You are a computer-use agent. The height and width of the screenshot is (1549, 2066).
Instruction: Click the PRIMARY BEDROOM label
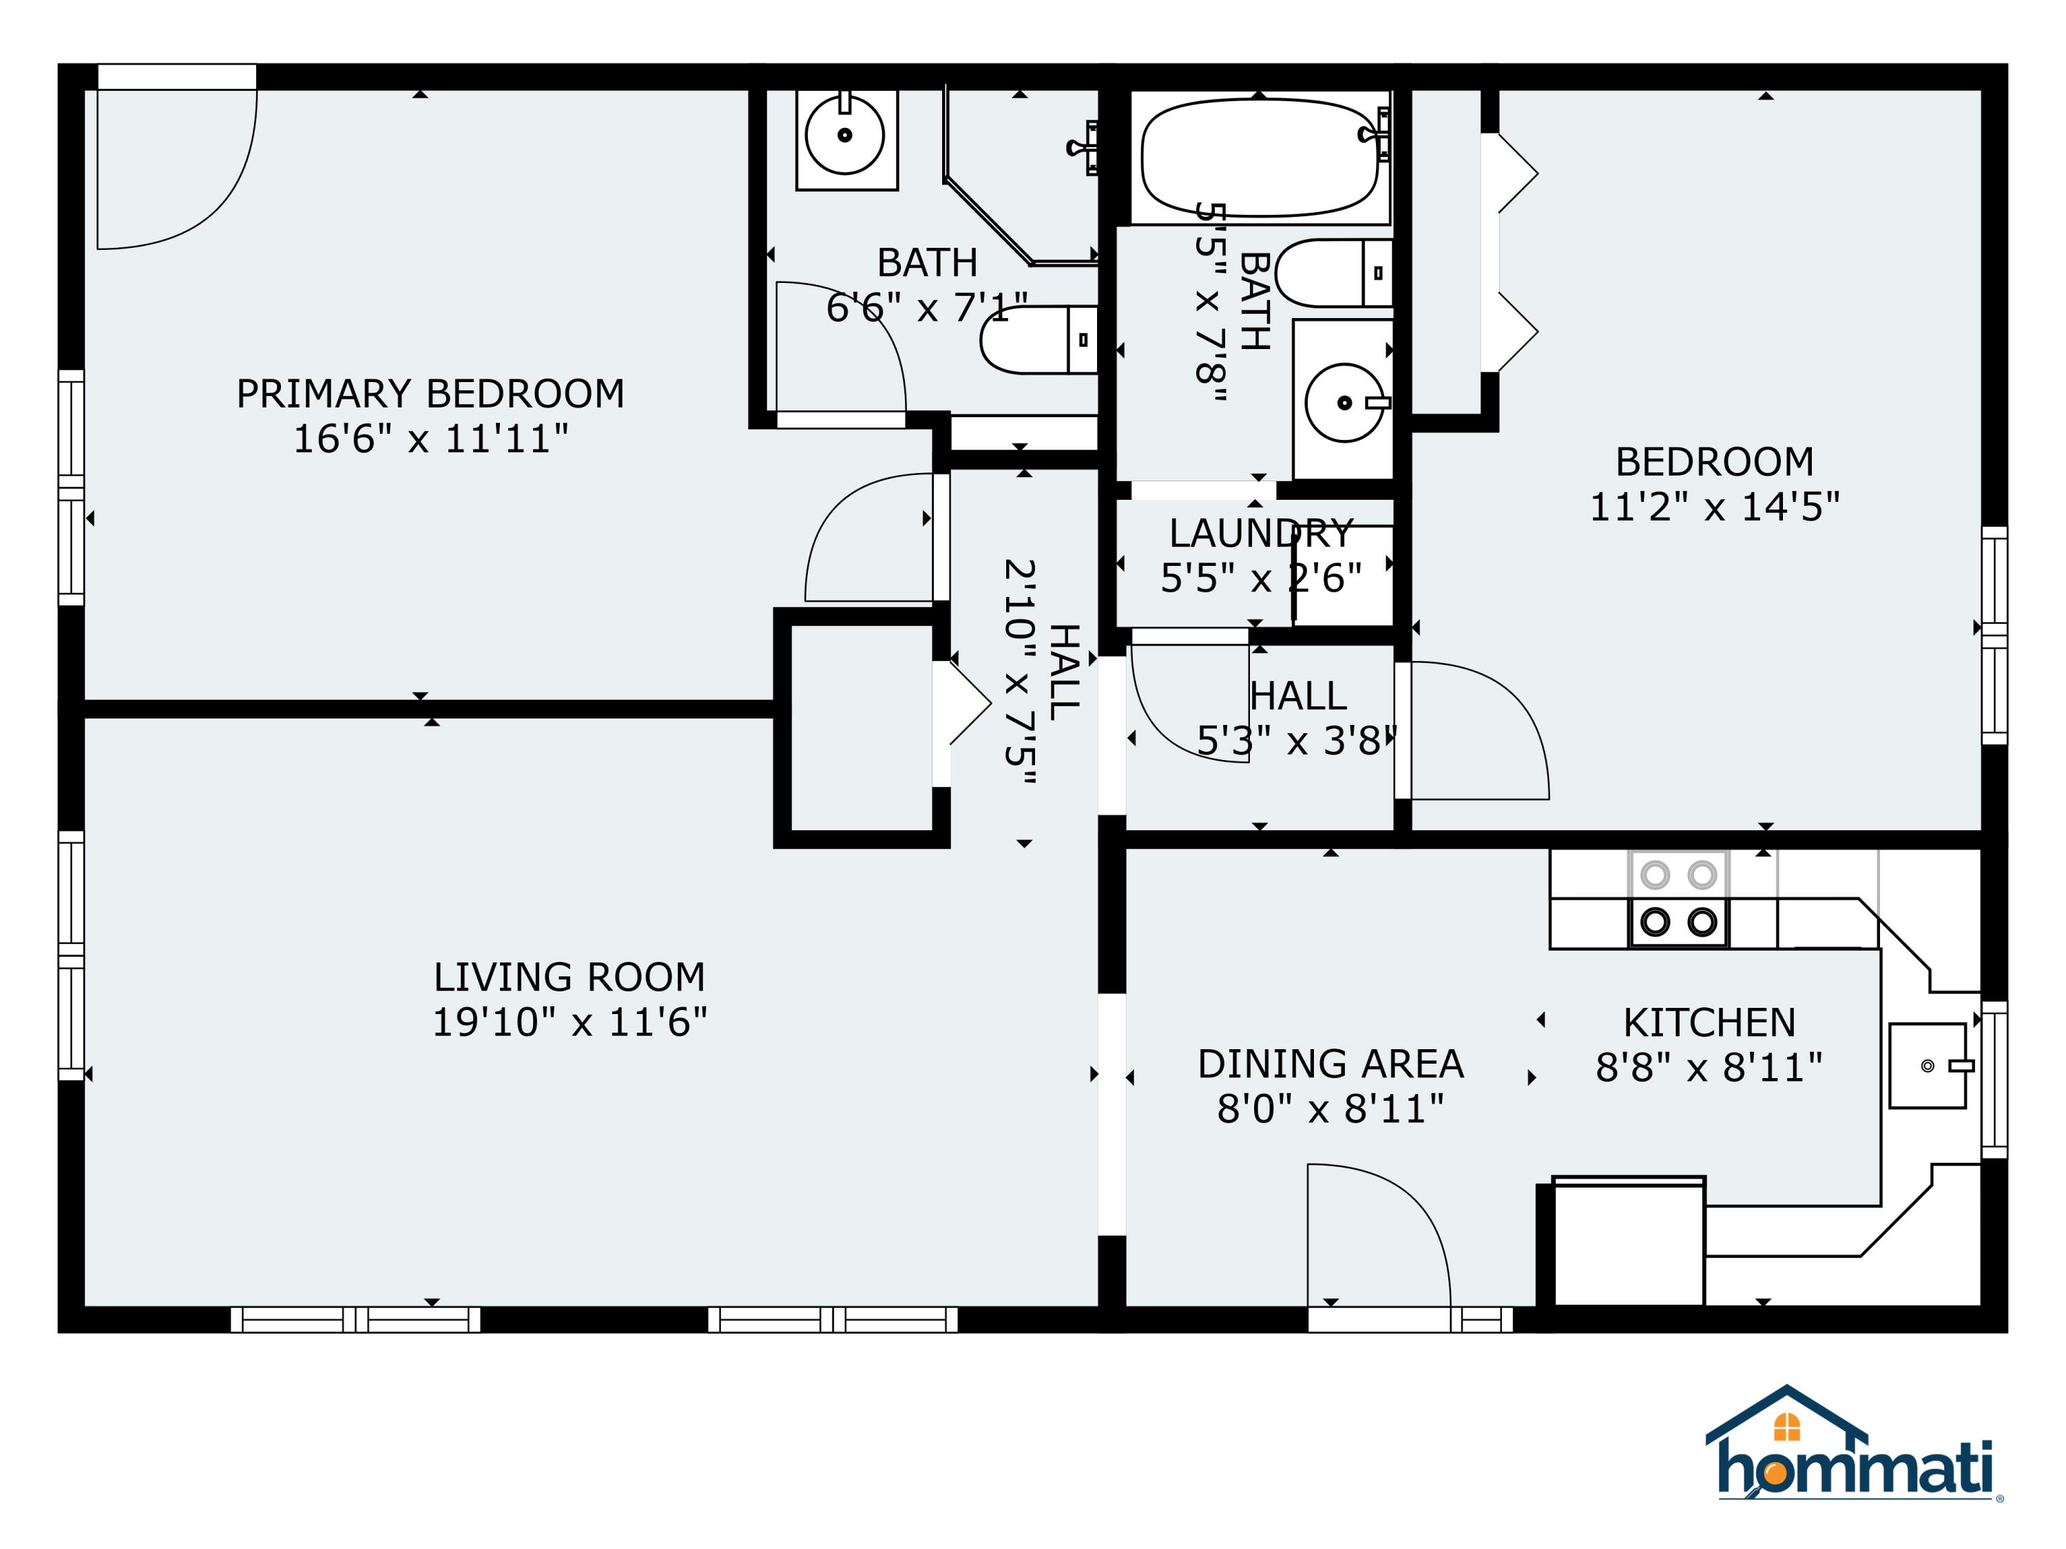(x=430, y=394)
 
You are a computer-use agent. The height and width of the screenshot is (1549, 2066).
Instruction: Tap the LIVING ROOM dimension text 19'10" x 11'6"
(x=569, y=1022)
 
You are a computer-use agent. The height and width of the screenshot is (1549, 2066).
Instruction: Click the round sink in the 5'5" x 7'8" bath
(x=1343, y=403)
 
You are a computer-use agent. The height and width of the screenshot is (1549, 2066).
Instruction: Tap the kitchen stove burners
(x=1678, y=898)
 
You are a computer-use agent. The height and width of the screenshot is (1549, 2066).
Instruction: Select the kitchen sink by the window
(x=1928, y=1065)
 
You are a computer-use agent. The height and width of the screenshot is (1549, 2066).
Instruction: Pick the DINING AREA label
(x=1330, y=1064)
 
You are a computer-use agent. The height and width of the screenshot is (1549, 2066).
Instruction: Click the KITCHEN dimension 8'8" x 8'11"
(x=1709, y=1067)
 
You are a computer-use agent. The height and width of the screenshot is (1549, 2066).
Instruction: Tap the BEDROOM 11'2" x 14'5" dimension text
(x=1714, y=507)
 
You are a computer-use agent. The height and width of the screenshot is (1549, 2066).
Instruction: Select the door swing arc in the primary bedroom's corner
(x=178, y=168)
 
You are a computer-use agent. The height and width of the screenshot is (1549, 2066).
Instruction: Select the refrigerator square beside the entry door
(x=1627, y=1242)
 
